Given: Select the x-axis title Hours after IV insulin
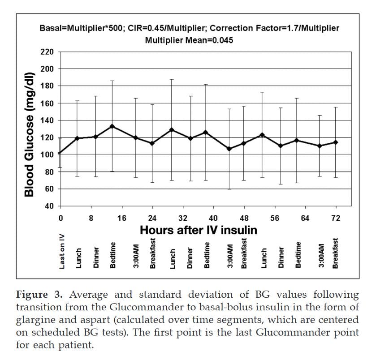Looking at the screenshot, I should pos(199,230).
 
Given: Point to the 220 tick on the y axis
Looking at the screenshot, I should pos(47,52).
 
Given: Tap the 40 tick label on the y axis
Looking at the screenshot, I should pos(49,206).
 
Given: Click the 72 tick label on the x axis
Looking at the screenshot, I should pos(336,219).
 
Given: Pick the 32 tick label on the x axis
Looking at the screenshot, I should pos(183,219).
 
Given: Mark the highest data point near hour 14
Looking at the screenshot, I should pos(112,126).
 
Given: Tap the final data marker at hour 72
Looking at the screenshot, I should pos(336,142).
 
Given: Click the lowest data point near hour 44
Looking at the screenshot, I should pos(229,149).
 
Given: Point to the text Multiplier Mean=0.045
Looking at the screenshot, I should pos(189,40).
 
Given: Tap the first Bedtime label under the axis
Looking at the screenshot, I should pos(113,255).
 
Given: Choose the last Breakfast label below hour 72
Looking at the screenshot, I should pos(335,253).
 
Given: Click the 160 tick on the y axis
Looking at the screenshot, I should pos(47,103).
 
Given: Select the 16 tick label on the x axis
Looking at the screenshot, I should pos(122,219).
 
